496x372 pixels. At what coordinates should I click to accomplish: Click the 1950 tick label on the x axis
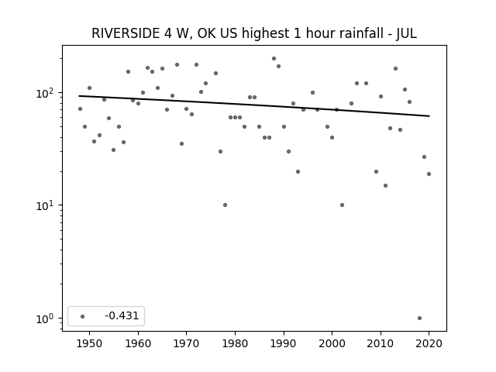tap(90, 343)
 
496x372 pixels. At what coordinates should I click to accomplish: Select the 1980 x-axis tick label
tap(235, 343)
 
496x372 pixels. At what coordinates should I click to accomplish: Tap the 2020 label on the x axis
tap(429, 343)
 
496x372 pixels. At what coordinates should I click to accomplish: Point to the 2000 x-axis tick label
tap(332, 343)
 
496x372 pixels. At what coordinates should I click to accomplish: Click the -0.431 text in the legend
tap(122, 315)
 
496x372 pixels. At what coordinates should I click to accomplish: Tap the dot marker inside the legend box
tap(83, 316)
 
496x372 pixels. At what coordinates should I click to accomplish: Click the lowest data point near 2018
tap(419, 319)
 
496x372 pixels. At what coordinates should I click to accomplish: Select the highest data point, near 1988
tap(274, 59)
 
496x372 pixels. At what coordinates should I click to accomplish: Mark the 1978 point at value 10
tap(225, 205)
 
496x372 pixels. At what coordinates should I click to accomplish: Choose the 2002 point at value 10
tap(342, 205)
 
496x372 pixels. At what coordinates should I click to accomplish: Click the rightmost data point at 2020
tap(429, 174)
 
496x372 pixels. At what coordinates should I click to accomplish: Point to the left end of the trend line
tap(79, 96)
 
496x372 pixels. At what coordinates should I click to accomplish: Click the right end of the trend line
tap(429, 116)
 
